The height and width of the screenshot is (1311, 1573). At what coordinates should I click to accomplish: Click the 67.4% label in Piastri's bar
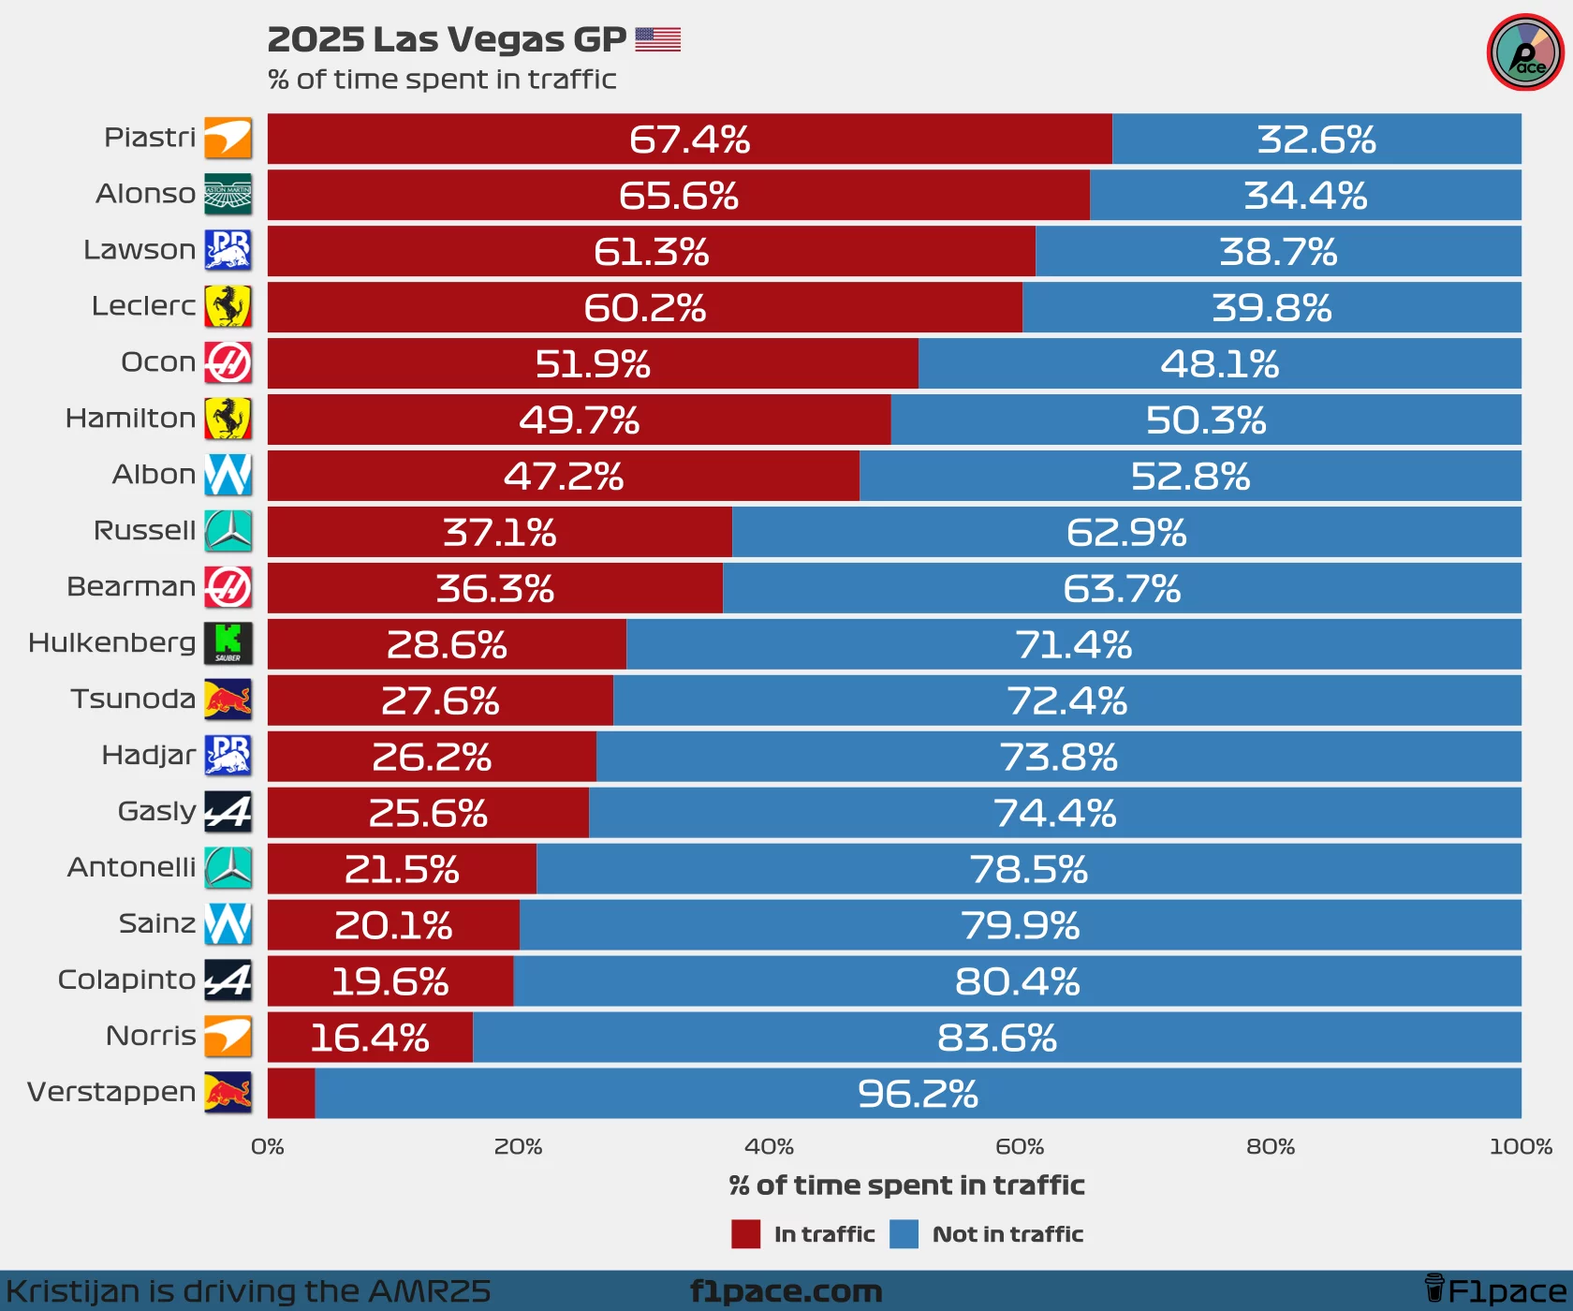pos(689,140)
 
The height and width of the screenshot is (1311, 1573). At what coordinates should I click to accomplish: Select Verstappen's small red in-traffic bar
pos(291,1094)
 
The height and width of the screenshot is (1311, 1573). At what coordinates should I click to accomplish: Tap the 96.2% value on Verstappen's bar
pos(918,1094)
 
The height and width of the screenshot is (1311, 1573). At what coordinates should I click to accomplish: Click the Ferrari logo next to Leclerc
pos(228,306)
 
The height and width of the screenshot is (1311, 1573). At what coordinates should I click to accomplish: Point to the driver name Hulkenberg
pos(112,642)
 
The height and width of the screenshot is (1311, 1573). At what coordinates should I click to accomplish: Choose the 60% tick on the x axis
pos(1020,1146)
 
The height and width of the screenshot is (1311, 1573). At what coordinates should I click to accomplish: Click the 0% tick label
pos(268,1146)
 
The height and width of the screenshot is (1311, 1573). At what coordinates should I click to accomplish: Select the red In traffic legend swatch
pos(745,1234)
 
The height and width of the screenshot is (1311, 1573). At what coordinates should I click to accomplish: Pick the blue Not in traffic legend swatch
pos(904,1234)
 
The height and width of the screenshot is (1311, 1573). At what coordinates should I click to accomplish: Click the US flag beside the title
pos(657,39)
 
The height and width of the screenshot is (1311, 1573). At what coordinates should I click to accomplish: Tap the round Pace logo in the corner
pos(1525,52)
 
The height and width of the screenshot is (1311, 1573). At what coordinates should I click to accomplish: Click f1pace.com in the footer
pos(786,1291)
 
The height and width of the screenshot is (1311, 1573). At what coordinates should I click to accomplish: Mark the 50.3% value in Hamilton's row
pos(1206,420)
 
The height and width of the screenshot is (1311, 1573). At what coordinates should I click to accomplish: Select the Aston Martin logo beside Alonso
pos(228,194)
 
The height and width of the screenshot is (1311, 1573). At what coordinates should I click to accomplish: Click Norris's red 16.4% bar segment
pos(370,1038)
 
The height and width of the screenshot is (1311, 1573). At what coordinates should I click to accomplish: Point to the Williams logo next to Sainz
pos(228,924)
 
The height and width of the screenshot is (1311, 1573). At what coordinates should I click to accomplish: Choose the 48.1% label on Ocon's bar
pos(1219,364)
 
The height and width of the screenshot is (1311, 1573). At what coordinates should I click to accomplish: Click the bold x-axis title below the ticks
pos(906,1186)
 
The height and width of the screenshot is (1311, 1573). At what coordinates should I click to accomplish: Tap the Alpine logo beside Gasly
pos(228,812)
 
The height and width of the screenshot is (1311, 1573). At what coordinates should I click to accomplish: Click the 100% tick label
pos(1521,1146)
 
